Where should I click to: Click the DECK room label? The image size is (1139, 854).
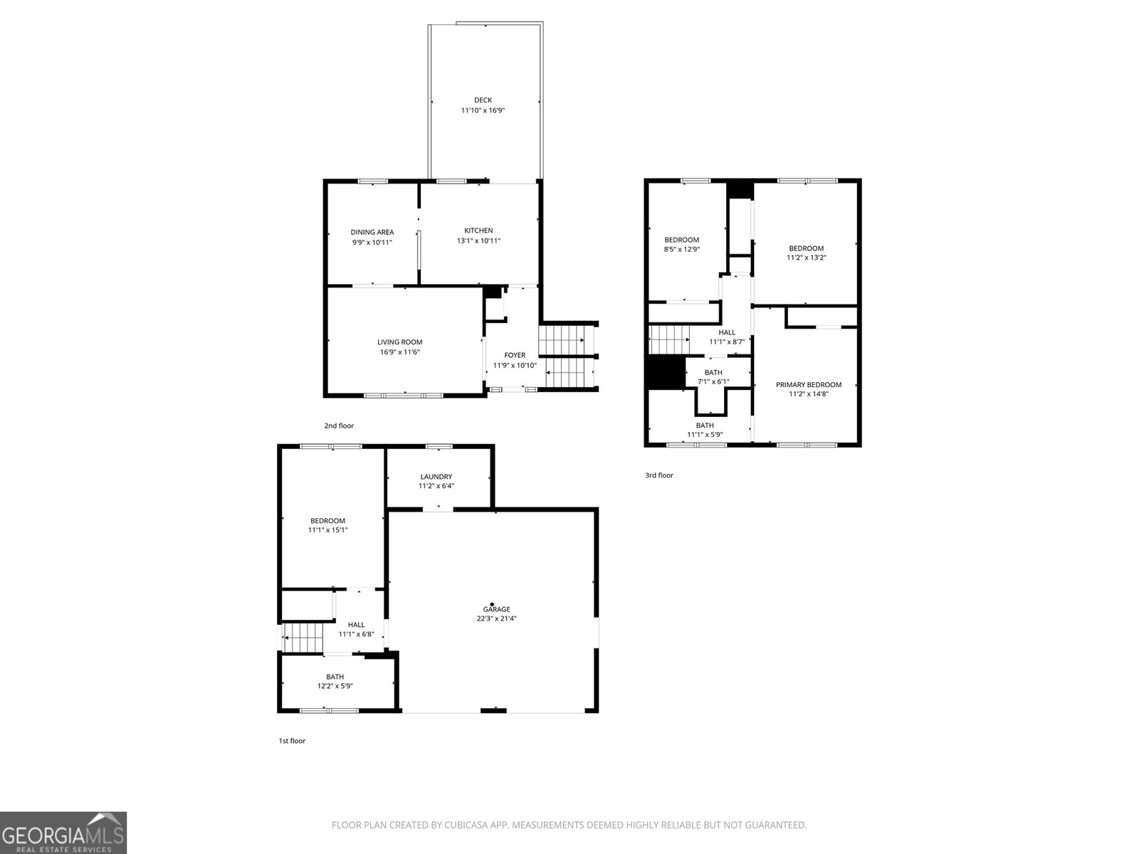(483, 100)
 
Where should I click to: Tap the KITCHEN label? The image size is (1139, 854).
(478, 230)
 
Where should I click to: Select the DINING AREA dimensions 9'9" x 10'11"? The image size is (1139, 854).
(372, 242)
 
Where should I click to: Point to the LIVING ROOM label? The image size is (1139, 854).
(399, 342)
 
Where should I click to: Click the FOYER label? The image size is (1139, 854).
(515, 355)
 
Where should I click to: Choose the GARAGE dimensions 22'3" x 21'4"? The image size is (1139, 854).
(497, 618)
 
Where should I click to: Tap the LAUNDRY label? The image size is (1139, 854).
(436, 477)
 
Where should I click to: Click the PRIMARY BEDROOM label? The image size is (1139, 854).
(809, 385)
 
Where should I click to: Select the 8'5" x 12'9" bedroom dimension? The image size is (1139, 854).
(682, 249)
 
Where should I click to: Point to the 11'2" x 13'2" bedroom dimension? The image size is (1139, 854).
(807, 257)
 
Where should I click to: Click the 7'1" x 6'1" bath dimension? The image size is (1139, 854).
(713, 381)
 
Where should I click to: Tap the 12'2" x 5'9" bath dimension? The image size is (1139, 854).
(335, 685)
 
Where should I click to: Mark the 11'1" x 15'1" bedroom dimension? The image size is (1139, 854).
(328, 530)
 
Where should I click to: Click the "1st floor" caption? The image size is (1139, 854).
(292, 740)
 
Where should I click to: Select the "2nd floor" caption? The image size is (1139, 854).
(339, 426)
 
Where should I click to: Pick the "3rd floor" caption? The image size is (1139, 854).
(659, 475)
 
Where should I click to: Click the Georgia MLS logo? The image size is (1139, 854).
(63, 833)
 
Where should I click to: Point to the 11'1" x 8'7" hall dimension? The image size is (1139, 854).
(727, 342)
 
